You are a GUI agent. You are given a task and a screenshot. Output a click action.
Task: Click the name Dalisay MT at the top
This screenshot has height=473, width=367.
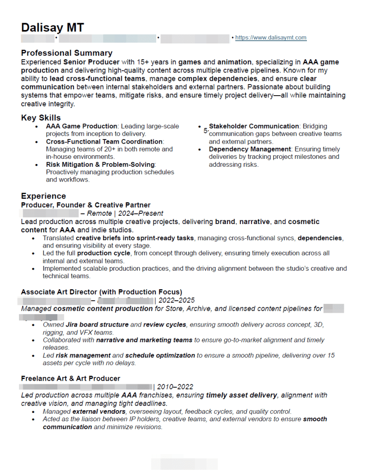[53, 27]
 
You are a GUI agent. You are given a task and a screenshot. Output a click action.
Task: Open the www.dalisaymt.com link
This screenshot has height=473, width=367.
[270, 38]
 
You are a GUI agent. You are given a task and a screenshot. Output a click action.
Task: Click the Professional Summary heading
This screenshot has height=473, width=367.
[67, 53]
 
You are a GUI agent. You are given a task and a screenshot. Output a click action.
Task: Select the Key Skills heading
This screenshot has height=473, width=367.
[41, 118]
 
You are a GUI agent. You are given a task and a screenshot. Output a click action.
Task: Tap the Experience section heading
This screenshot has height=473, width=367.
[43, 196]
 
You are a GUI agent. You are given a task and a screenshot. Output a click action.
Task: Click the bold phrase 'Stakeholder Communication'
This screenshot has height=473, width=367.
[254, 126]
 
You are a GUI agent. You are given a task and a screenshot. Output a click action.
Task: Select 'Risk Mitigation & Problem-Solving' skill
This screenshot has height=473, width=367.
[100, 164]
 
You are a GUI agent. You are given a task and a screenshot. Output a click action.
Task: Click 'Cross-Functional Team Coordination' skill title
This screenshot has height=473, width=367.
[104, 141]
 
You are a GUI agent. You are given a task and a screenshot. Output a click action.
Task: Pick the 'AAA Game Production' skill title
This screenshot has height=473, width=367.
[81, 126]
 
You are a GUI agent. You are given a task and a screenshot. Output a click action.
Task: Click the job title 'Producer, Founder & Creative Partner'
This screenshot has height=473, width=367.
[86, 205]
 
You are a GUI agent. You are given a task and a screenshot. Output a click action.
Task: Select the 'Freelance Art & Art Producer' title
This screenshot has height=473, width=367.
[70, 378]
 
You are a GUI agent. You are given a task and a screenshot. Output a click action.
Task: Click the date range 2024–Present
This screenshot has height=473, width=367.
[141, 213]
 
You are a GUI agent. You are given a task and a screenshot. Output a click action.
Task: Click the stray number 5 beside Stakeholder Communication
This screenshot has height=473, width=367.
[205, 131]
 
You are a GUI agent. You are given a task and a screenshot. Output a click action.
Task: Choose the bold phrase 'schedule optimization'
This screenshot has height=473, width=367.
[160, 355]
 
